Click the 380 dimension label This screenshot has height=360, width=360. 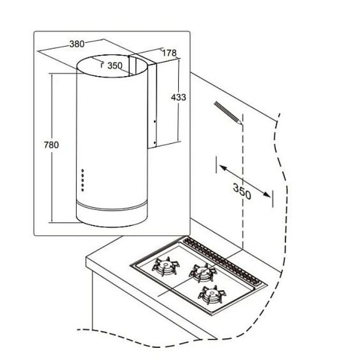77,44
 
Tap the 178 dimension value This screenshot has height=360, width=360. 169,53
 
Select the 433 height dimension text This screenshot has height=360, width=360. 178,97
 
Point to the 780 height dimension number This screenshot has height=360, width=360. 51,145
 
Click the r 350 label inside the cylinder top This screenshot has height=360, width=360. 112,66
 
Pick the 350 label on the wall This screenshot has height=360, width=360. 242,191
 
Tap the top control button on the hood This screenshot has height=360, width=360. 83,171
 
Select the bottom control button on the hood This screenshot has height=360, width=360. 83,190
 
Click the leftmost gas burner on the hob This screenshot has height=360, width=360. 166,266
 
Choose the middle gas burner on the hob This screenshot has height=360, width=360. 203,273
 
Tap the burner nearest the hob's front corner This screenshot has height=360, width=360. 212,295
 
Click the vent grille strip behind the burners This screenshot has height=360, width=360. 222,261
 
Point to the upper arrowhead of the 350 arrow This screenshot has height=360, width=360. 223,167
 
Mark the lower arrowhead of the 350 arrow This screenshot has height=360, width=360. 267,194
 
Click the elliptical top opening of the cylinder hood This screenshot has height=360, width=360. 112,66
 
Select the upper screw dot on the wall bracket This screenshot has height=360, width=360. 154,121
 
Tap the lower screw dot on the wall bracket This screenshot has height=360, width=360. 154,143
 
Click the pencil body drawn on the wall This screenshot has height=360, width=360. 227,112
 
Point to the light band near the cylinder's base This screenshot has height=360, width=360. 112,207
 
